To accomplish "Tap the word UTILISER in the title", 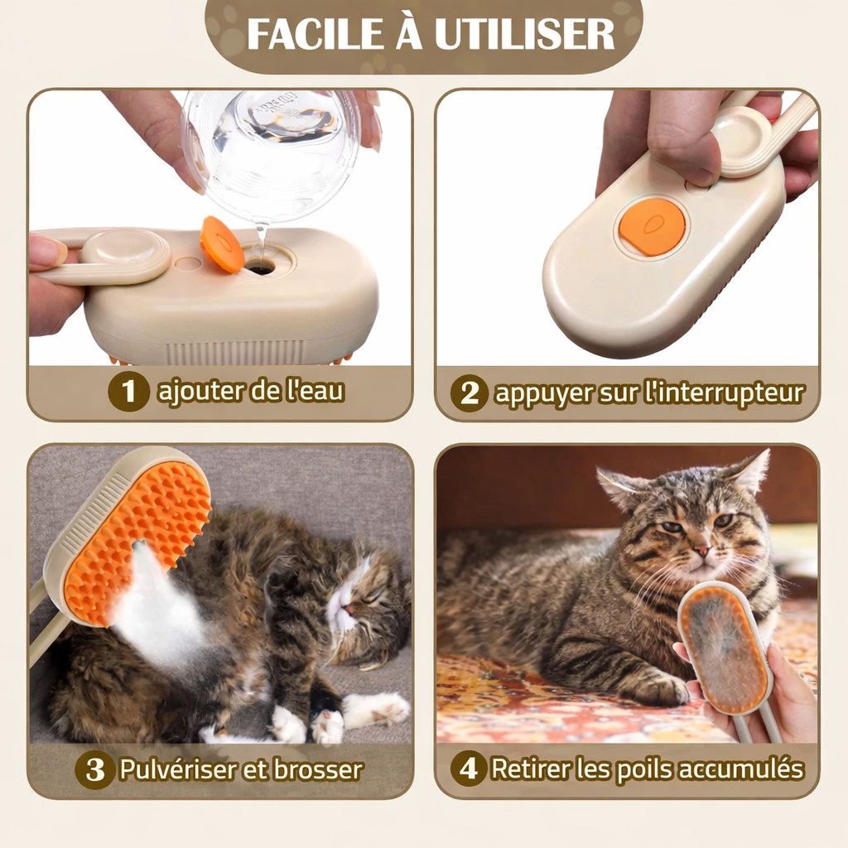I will click(x=524, y=34).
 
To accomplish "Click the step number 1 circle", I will click(x=128, y=392).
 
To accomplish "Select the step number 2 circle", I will click(x=469, y=393).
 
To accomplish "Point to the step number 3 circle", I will click(x=95, y=769).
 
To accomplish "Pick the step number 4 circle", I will click(x=469, y=769).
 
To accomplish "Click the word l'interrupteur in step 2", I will click(x=723, y=393).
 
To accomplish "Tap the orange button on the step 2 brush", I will click(x=653, y=227).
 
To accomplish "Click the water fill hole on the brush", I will click(x=260, y=267).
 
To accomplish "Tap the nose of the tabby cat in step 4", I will click(x=701, y=550).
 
